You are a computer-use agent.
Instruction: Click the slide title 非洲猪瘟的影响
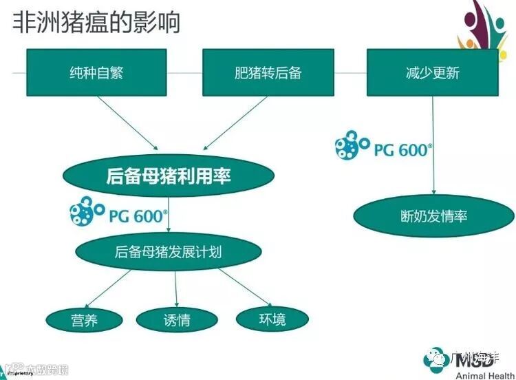[x=96, y=23]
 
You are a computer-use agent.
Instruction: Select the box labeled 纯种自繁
[x=97, y=72]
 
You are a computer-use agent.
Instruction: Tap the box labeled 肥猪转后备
[x=268, y=72]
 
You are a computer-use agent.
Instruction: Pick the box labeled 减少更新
[x=433, y=72]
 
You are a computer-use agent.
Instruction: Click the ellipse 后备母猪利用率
[x=168, y=176]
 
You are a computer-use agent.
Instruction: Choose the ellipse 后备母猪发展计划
[x=168, y=252]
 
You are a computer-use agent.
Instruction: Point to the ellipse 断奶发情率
[x=433, y=216]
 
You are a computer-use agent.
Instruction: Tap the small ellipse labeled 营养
[x=84, y=320]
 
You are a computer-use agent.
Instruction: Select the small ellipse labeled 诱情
[x=177, y=320]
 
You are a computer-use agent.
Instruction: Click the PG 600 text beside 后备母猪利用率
[x=138, y=215]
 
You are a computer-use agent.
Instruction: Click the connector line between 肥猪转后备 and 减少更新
[x=350, y=72]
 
